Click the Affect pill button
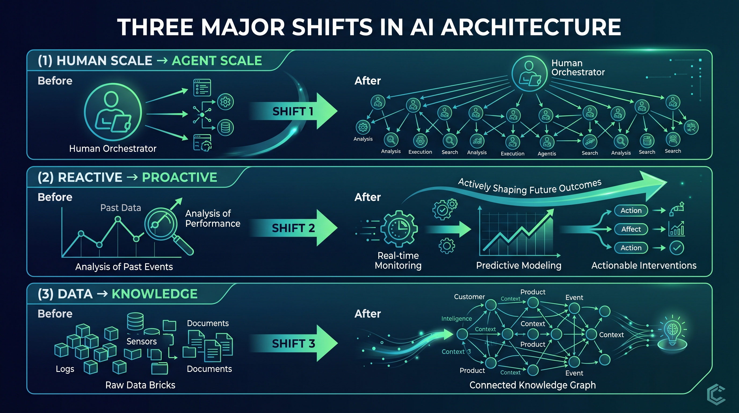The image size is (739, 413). click(x=631, y=229)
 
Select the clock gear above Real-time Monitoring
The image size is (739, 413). click(x=399, y=229)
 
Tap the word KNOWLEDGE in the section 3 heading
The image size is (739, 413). click(x=154, y=294)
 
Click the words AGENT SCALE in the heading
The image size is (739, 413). click(x=217, y=60)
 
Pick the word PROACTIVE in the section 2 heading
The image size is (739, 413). click(x=180, y=177)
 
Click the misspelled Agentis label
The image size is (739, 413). click(x=547, y=154)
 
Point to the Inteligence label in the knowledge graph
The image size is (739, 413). click(x=457, y=319)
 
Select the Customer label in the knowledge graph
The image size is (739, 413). click(x=469, y=297)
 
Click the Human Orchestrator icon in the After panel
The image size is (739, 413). click(x=530, y=73)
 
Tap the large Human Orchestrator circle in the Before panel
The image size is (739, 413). click(x=113, y=112)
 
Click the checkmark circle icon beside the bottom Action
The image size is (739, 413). click(x=677, y=248)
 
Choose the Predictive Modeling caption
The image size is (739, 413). click(x=519, y=265)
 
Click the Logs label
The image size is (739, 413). click(x=65, y=369)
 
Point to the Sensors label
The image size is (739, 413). click(x=142, y=341)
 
